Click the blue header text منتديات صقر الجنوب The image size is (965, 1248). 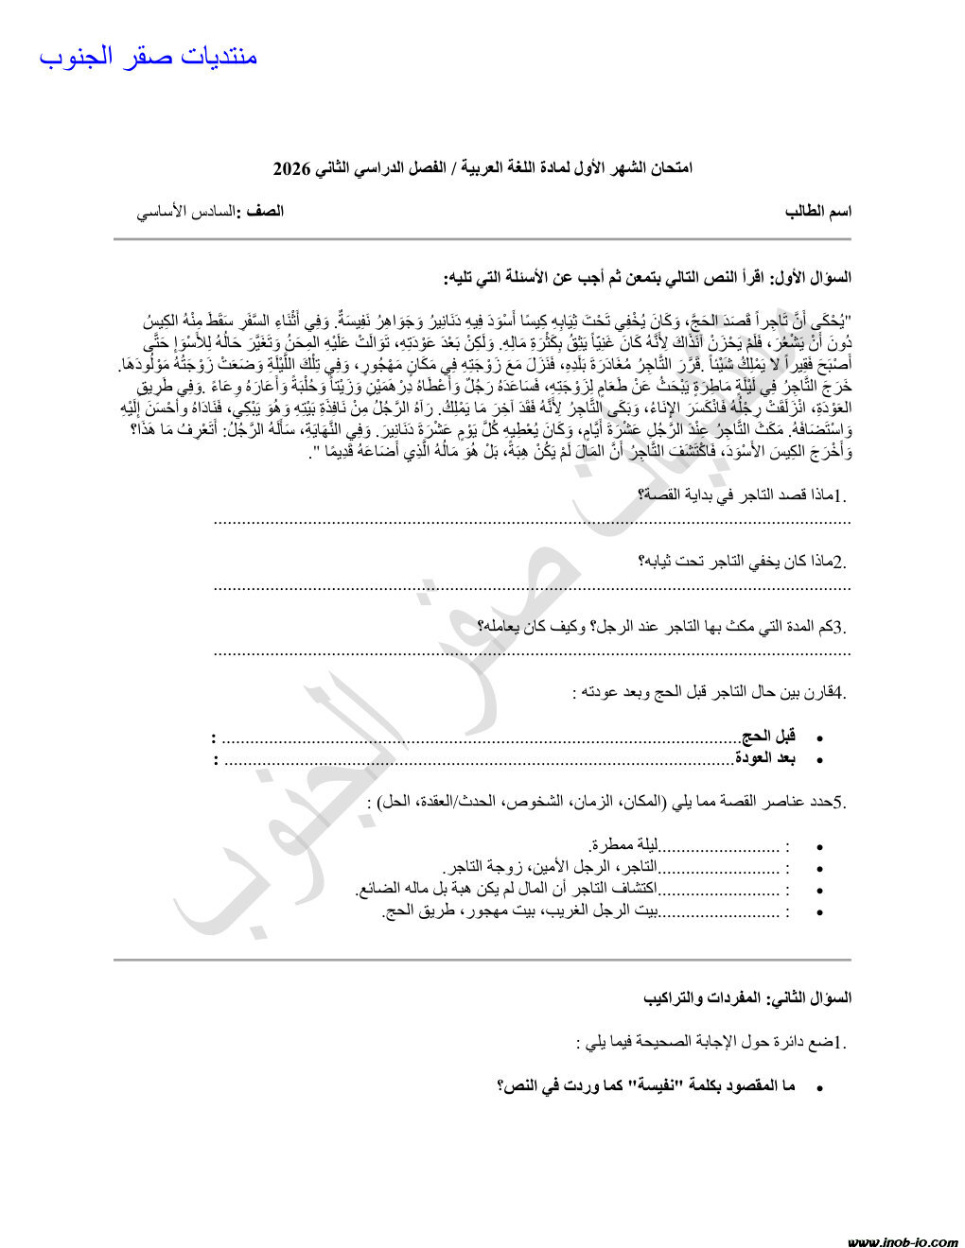149,56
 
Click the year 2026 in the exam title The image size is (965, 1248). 291,169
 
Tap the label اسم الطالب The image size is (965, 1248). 818,211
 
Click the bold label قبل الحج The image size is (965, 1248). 768,736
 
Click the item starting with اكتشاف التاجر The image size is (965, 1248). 507,890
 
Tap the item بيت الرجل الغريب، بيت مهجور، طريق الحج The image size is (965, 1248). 520,912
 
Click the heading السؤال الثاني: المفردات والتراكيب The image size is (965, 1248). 747,997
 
